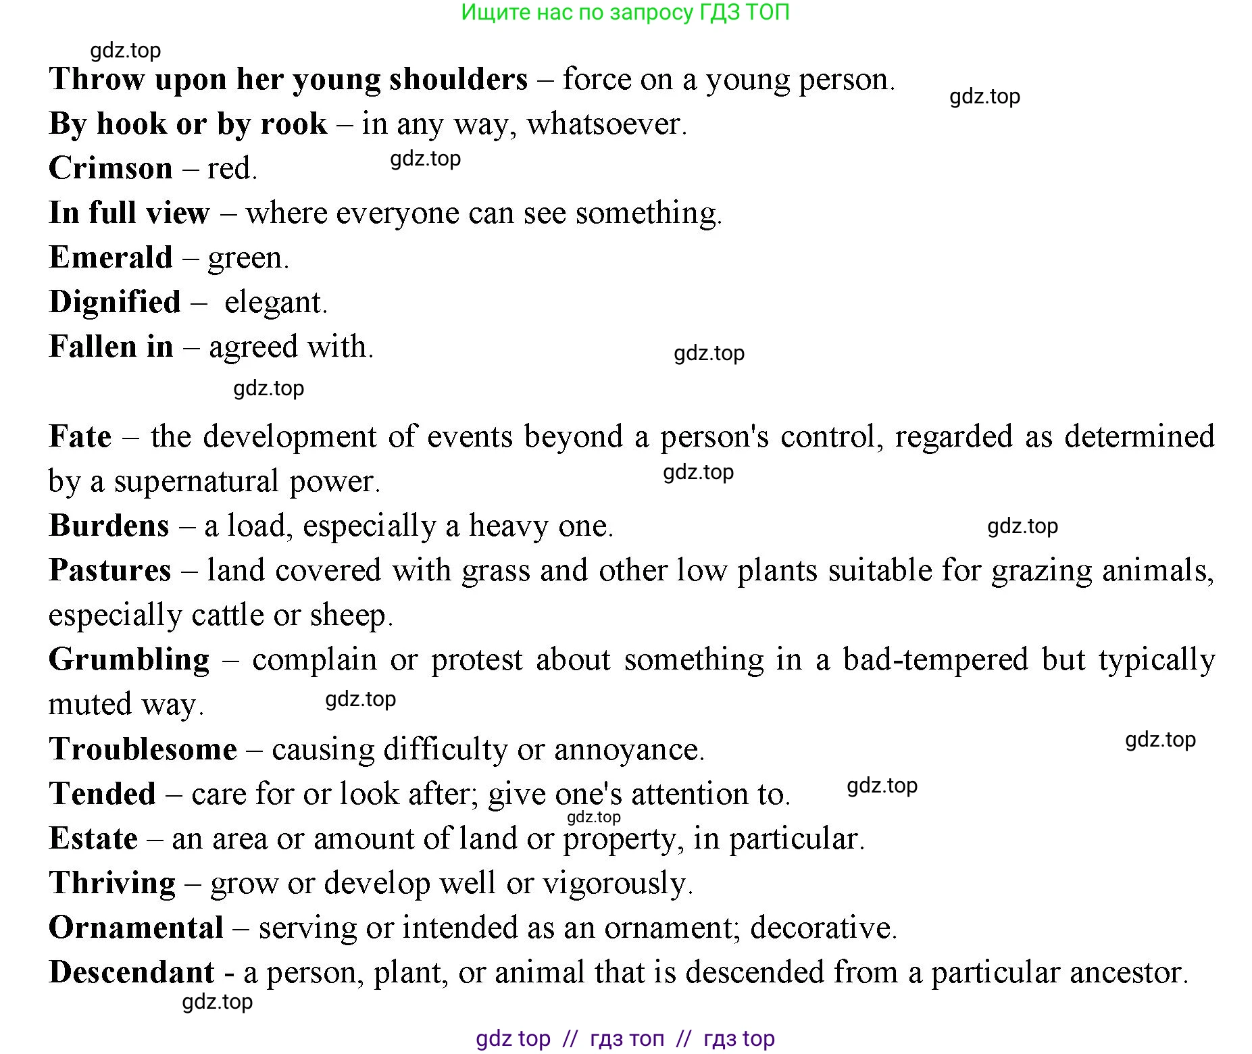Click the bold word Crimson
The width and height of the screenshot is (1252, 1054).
coord(111,168)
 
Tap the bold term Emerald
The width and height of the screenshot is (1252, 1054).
coord(111,257)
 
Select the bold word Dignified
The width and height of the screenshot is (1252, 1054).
coord(115,302)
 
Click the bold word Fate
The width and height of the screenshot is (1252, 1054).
coord(80,436)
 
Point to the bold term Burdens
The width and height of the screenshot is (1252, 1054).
coord(109,526)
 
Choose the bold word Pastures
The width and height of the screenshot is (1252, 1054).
coord(109,570)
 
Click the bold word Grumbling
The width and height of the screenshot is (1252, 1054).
coord(129,659)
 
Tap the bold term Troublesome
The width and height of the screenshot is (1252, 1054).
coord(143,749)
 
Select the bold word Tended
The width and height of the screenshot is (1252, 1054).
coord(102,794)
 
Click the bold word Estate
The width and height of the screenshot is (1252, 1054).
coord(93,838)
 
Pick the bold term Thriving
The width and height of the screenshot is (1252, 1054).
coord(112,883)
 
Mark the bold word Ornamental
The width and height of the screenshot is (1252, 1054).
coord(136,928)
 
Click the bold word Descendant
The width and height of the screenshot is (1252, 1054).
coord(132,972)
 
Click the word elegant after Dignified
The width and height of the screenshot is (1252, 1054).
coord(274,302)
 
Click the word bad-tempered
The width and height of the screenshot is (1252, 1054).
coord(935,659)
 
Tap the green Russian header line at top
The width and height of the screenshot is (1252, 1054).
coord(625,12)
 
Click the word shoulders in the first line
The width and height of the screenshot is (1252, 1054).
coord(458,79)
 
